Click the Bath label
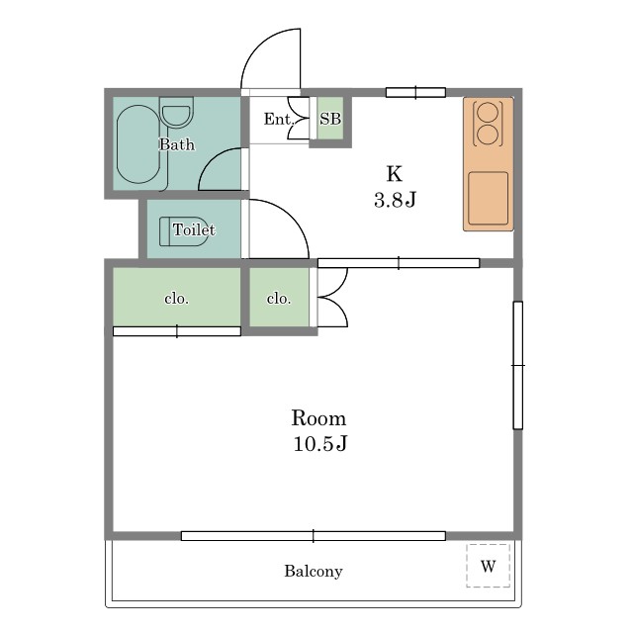point(177,144)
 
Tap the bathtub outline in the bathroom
point(117,144)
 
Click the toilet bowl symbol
point(184,231)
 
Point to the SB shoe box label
point(330,119)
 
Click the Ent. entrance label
point(278,119)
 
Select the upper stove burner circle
point(488,112)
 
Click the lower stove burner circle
point(488,135)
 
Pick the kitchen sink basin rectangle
point(488,198)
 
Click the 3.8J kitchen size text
point(395,200)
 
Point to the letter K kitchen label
point(395,174)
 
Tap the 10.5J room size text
point(319,444)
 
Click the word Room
point(318,418)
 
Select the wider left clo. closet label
point(176,299)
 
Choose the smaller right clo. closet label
point(279,299)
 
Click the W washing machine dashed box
point(488,566)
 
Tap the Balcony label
point(314,571)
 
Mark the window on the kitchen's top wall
point(415,92)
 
